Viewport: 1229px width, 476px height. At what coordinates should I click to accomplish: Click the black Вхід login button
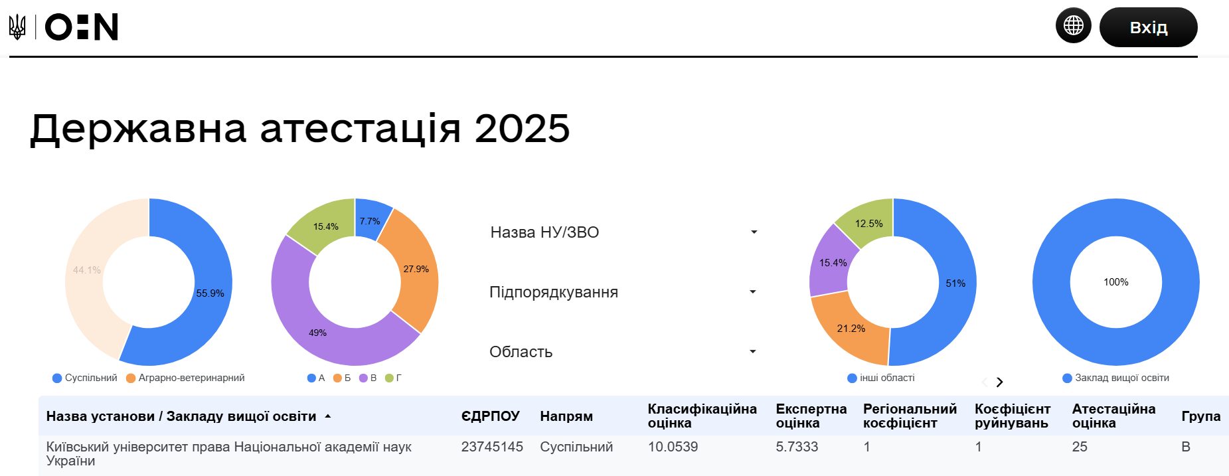click(x=1148, y=27)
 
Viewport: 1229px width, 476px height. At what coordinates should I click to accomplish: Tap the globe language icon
click(x=1074, y=25)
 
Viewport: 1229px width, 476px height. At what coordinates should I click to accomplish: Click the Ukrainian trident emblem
click(x=17, y=27)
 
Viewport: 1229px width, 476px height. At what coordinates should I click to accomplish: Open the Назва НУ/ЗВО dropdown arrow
click(x=754, y=232)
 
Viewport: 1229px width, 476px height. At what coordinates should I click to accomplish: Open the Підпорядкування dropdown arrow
click(x=753, y=292)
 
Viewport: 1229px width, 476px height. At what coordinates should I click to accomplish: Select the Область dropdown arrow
click(x=753, y=352)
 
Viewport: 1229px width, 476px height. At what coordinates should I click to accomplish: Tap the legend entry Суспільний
click(x=85, y=378)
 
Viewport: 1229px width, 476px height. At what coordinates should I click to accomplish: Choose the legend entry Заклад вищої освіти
click(x=1115, y=378)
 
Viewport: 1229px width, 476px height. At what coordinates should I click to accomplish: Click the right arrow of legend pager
click(x=999, y=382)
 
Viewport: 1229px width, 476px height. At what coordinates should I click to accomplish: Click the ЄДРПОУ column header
click(x=491, y=416)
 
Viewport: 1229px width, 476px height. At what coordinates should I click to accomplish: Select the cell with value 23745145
click(x=492, y=447)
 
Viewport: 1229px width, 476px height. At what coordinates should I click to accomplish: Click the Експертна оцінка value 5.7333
click(x=797, y=447)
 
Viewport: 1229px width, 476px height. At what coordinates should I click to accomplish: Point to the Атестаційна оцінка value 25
click(x=1080, y=447)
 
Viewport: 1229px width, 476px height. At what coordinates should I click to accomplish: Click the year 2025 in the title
click(x=523, y=128)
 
